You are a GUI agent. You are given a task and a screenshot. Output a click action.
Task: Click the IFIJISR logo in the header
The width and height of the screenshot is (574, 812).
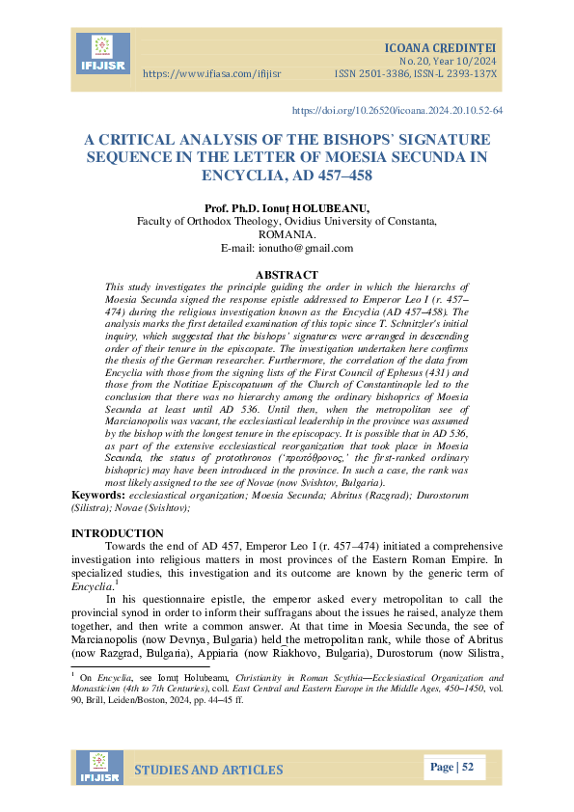coord(102,54)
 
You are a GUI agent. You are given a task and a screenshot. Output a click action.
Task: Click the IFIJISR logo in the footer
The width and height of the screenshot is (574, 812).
coord(102,769)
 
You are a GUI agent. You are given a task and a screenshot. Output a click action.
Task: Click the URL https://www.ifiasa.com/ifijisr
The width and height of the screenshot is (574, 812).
coord(212,73)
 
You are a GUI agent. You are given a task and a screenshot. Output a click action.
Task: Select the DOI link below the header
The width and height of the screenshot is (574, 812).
coord(396,111)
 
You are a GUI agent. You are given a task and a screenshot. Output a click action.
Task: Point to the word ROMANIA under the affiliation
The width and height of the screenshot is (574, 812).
coord(287,234)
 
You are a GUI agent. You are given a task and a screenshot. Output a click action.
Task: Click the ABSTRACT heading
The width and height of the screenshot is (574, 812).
coord(287,275)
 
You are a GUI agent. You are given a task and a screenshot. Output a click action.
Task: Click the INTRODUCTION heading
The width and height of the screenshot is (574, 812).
coord(118,533)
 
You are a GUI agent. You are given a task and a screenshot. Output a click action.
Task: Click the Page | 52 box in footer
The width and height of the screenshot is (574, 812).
coord(451,768)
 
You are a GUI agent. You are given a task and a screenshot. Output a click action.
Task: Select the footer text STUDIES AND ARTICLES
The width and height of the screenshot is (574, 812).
coord(208,770)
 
